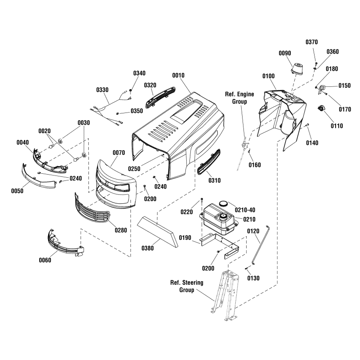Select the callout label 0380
[148, 248]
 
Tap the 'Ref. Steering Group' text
[186, 286]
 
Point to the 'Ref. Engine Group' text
[239, 98]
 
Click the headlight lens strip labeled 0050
[38, 176]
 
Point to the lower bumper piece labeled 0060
[63, 244]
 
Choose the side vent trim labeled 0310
[209, 162]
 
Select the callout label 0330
[103, 90]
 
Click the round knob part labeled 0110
[321, 109]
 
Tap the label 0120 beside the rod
[253, 231]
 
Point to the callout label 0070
[118, 153]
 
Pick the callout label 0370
[311, 42]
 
